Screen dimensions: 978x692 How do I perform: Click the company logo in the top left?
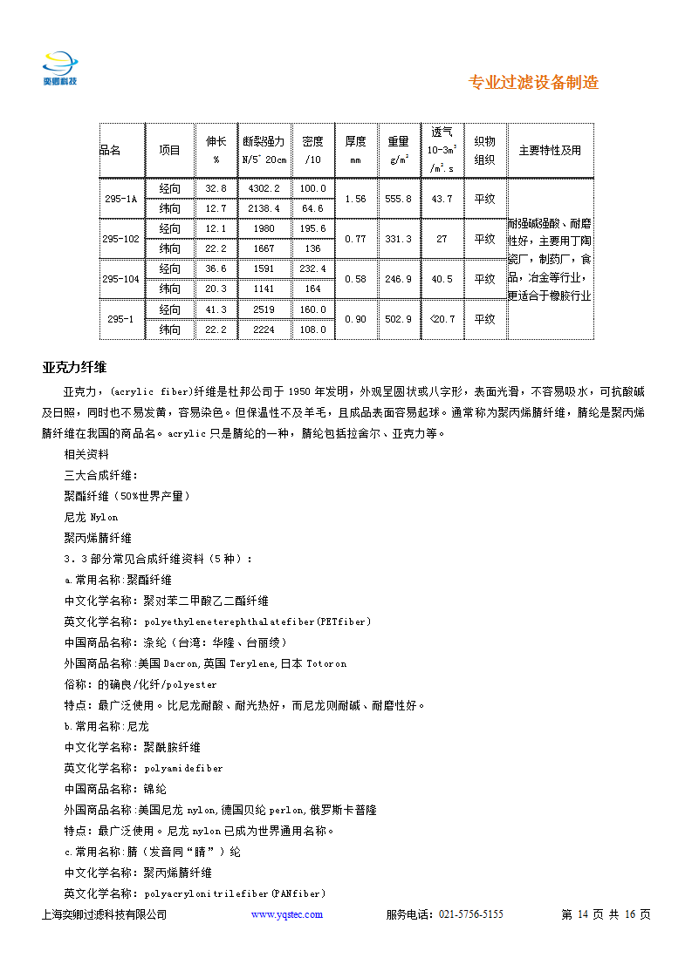tap(60, 67)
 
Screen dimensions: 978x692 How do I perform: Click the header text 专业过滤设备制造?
tap(533, 83)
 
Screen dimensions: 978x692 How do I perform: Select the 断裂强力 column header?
tap(264, 141)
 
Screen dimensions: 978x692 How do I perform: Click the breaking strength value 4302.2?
tap(264, 188)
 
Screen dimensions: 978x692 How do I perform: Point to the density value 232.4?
tap(312, 268)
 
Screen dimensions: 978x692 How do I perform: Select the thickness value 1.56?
tap(355, 199)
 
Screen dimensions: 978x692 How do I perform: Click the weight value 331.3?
tap(398, 239)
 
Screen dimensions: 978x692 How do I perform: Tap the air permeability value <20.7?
tap(442, 319)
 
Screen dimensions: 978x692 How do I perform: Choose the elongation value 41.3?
tap(216, 309)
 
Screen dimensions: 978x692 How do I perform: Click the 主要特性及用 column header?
tap(550, 150)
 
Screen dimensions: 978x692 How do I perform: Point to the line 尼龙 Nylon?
tap(91, 517)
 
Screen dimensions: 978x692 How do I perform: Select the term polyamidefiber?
tap(183, 768)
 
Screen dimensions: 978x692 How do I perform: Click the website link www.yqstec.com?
tap(287, 914)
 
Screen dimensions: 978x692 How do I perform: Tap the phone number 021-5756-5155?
tap(470, 914)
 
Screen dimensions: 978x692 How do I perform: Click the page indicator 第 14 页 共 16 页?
tap(606, 914)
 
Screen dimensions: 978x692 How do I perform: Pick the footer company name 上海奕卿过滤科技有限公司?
tap(104, 914)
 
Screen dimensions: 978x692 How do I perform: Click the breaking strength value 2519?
tap(264, 309)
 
